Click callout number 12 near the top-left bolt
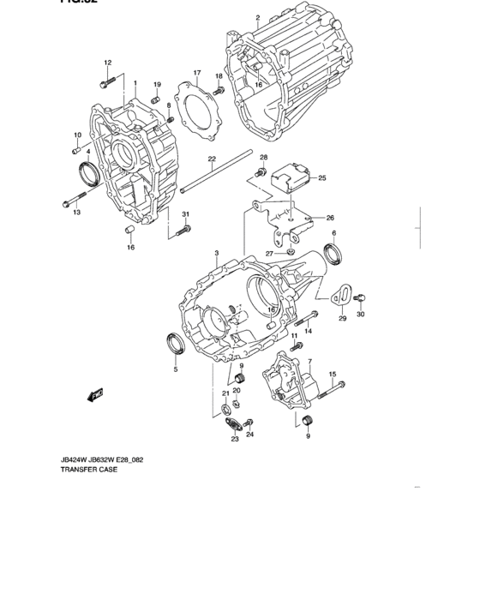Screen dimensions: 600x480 108,63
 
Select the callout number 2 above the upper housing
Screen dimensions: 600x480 257,18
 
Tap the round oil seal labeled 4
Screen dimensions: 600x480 87,171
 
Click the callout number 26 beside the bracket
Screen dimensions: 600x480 330,218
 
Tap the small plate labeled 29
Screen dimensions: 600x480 340,295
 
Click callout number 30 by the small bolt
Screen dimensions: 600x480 360,315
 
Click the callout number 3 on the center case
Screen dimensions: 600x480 217,254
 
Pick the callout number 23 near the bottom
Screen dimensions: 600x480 234,439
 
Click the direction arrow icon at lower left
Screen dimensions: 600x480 93,393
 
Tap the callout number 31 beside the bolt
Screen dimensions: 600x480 184,214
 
